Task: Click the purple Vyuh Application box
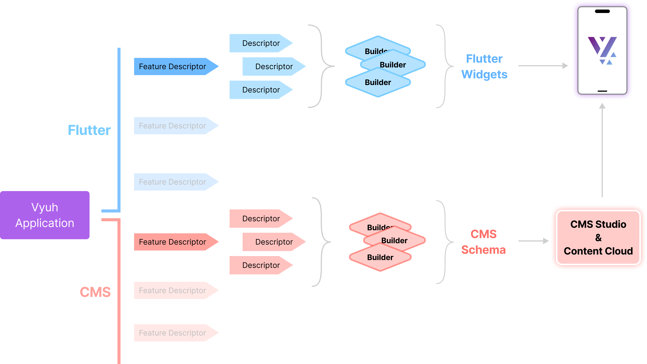click(x=45, y=215)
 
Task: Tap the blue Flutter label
click(x=89, y=130)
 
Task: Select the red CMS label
click(x=95, y=292)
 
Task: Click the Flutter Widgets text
click(x=484, y=66)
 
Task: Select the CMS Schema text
click(x=483, y=242)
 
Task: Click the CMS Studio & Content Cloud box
click(x=598, y=237)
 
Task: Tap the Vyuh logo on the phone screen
click(x=602, y=50)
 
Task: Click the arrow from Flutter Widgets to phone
click(x=543, y=66)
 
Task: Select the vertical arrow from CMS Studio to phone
click(x=602, y=151)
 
